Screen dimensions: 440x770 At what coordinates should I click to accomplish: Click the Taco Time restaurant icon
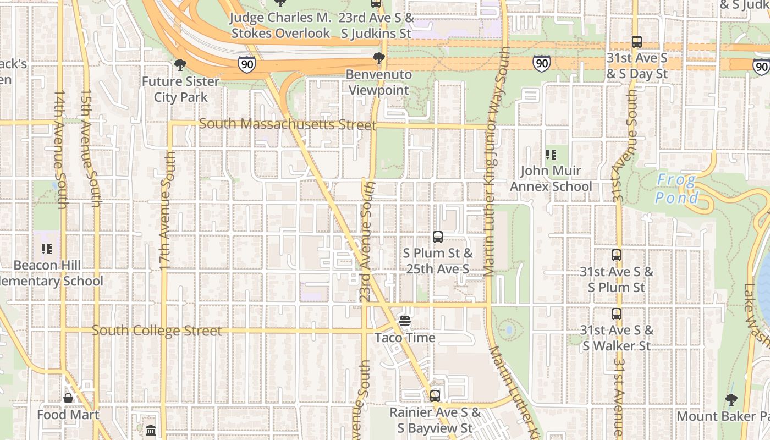pos(405,321)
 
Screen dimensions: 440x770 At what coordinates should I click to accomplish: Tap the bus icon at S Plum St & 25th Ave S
pos(438,237)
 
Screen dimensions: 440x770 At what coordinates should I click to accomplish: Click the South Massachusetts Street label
pos(287,124)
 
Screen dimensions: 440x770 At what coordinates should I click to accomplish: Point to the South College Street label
pos(157,331)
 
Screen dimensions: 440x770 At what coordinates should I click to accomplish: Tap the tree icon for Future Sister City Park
pos(180,65)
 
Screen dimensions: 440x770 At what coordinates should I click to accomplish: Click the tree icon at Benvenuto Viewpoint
pos(378,58)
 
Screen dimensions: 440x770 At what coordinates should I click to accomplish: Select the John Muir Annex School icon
pos(551,155)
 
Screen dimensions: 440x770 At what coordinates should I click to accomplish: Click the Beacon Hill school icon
pos(47,249)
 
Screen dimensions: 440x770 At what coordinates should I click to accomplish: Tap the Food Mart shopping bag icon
pos(68,398)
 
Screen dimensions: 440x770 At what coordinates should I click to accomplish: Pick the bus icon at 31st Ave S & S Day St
pos(637,41)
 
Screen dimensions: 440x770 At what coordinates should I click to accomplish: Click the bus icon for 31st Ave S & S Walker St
pos(617,314)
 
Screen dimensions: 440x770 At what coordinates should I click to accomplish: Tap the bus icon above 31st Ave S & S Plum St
pos(617,255)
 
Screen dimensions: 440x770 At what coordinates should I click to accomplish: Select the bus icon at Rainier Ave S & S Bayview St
pos(435,395)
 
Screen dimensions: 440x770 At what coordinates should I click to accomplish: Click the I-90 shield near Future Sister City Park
pos(247,64)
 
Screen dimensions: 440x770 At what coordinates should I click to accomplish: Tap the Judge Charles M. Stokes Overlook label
pos(280,25)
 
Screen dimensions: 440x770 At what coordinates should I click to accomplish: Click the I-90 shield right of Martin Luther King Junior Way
pos(542,63)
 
